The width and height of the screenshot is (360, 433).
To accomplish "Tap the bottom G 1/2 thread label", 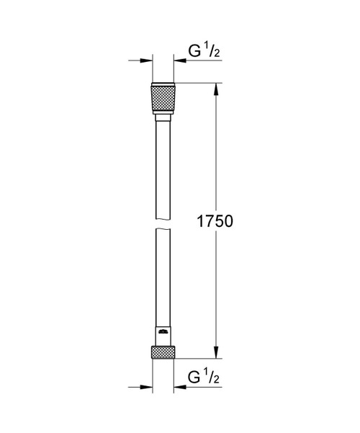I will coord(202,377).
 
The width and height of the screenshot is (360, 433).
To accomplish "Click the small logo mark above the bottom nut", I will coord(163,333).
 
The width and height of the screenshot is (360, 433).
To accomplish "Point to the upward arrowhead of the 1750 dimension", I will coord(215,90).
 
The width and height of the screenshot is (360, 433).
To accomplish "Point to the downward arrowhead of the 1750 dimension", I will coord(215,352).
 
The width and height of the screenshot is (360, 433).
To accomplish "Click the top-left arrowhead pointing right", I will coord(147,62).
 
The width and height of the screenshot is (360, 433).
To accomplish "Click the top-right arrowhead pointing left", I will coord(178,62).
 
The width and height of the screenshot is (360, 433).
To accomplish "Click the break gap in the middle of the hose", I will coord(163,224).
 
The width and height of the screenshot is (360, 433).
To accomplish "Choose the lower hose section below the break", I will coord(163,281).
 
